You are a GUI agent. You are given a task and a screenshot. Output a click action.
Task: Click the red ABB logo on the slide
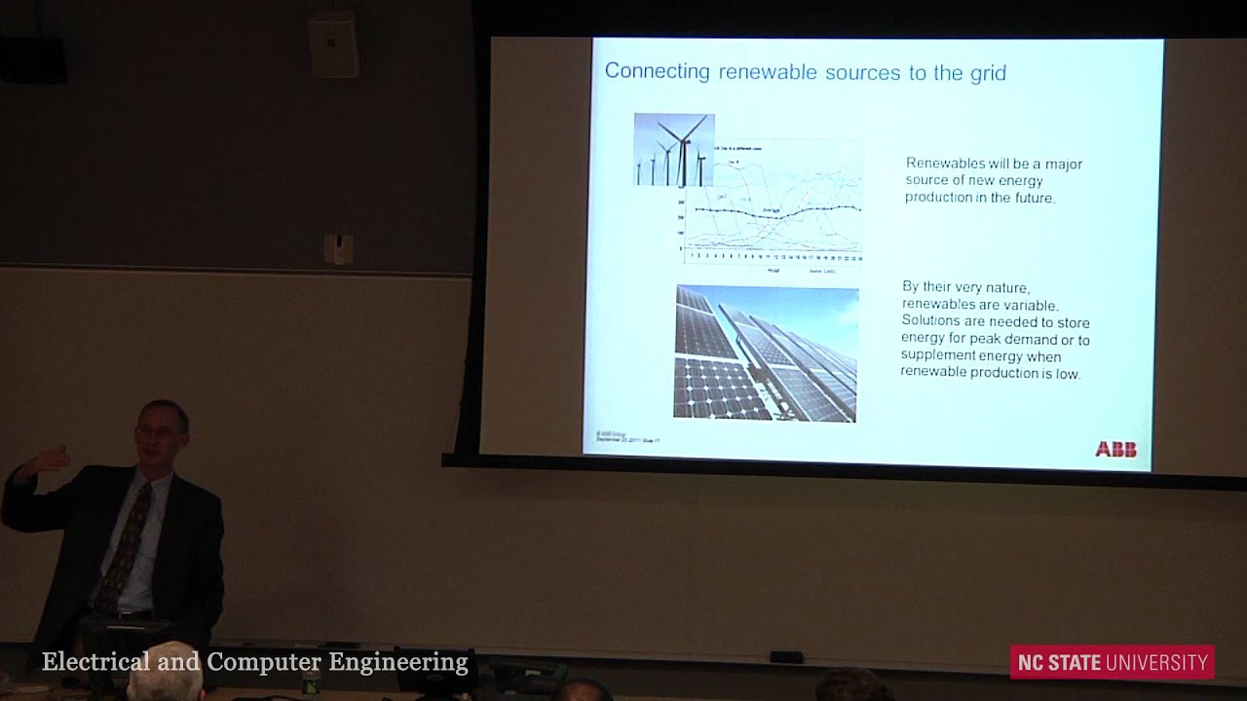pos(1115,449)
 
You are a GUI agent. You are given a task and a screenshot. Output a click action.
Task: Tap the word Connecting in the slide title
pos(658,71)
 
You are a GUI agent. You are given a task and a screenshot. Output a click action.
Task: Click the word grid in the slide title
pos(987,72)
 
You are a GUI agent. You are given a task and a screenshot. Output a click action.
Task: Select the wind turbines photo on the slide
pos(674,149)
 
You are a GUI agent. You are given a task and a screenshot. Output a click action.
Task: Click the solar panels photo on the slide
pos(766,353)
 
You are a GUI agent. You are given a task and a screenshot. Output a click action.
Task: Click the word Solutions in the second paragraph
pos(932,321)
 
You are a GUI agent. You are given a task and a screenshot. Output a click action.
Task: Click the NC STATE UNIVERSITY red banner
pos(1112,663)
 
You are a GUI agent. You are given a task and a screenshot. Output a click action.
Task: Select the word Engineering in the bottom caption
pos(398,662)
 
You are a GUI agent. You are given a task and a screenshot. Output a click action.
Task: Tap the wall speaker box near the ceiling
pos(333,45)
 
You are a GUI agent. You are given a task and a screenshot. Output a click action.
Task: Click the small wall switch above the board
pos(338,248)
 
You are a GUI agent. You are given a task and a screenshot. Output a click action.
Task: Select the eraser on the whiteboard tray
pos(785,656)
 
